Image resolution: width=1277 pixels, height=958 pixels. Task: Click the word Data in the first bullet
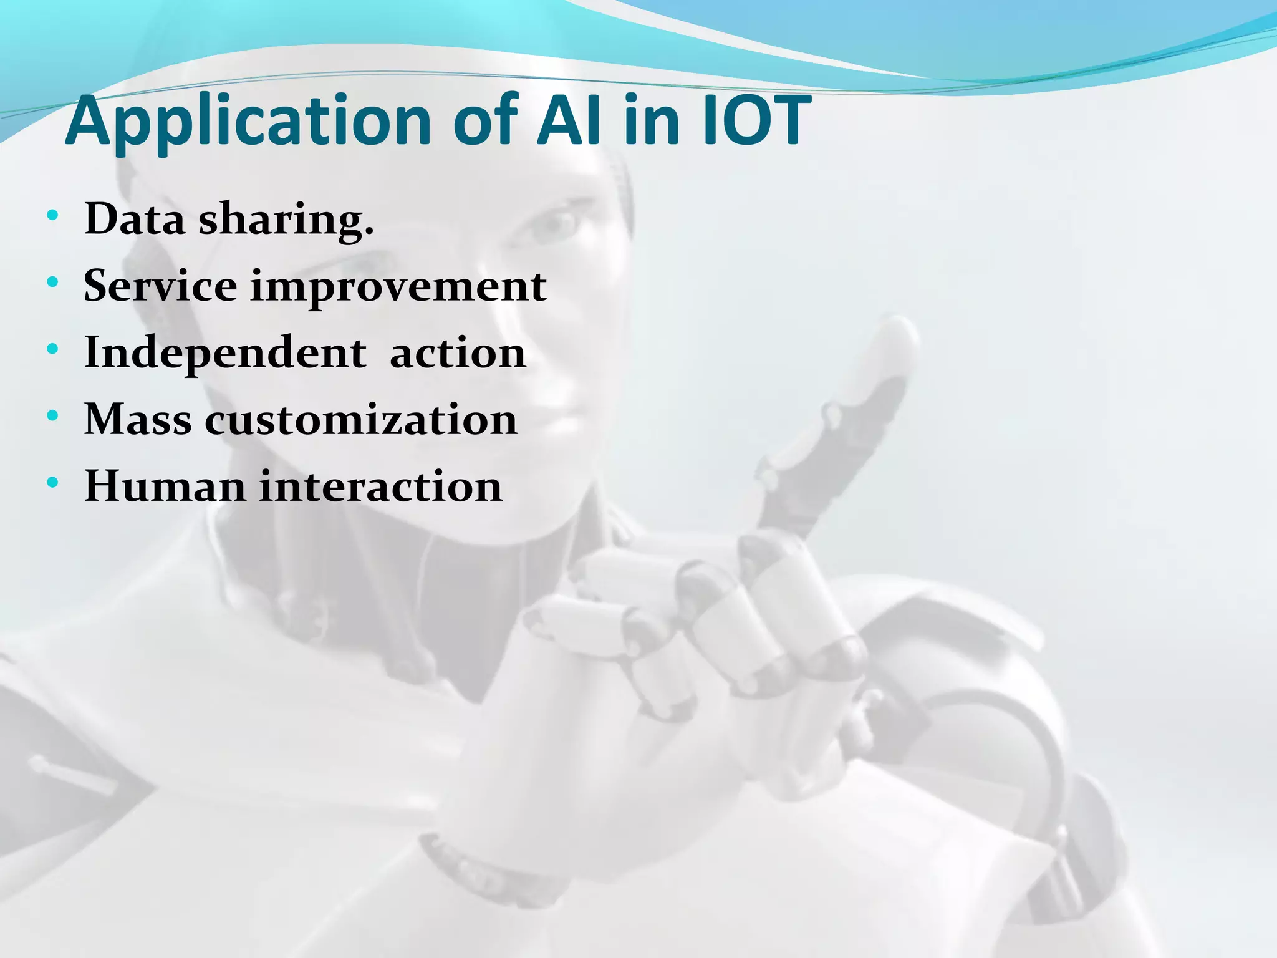tap(135, 219)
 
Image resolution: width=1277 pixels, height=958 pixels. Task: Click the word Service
tap(160, 286)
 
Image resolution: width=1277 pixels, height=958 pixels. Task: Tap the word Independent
tap(225, 353)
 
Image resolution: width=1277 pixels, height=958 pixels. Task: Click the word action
tap(458, 353)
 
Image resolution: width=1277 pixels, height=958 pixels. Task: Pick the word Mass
tap(138, 419)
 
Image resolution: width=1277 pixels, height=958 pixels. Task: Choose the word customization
tap(361, 419)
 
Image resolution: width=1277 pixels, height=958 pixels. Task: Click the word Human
tap(165, 486)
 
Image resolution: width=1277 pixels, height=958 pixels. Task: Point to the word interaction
tap(380, 486)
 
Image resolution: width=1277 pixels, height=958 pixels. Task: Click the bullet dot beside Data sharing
tap(52, 216)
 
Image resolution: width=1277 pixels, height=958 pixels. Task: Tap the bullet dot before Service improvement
tap(52, 283)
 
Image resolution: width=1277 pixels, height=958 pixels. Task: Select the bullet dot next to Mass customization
tap(52, 415)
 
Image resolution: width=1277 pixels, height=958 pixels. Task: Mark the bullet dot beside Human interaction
tap(52, 482)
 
